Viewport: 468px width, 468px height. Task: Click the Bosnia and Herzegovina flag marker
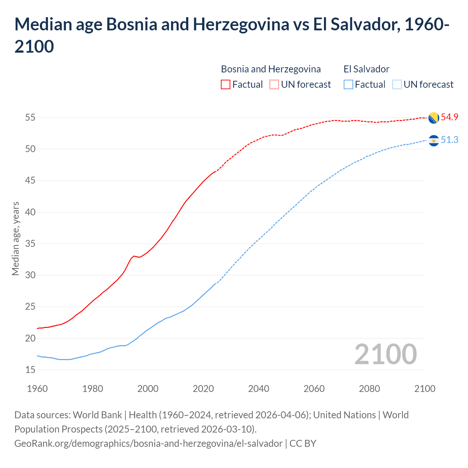[434, 118]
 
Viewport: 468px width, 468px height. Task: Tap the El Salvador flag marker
[434, 140]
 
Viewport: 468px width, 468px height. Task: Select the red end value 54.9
[449, 117]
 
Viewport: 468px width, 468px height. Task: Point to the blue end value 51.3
[449, 140]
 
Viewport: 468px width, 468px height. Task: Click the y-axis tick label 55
[30, 118]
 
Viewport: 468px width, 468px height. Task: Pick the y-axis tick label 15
[30, 370]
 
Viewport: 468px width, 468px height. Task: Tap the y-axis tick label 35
[30, 244]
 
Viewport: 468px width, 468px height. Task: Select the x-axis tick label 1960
[37, 389]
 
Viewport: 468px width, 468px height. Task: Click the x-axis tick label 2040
[258, 389]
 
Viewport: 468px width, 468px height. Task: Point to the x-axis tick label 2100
[424, 389]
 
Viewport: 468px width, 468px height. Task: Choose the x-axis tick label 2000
[148, 389]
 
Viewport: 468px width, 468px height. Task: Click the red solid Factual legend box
[226, 84]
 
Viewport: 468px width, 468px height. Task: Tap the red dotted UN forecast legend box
[274, 84]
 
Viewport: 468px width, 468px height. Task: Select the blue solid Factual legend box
[348, 84]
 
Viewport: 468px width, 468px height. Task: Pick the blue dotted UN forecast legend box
[397, 84]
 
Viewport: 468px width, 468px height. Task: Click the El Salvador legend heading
[366, 69]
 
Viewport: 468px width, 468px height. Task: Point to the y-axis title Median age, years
[15, 238]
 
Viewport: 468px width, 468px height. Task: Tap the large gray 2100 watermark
[385, 354]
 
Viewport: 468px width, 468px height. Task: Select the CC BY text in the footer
[303, 444]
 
